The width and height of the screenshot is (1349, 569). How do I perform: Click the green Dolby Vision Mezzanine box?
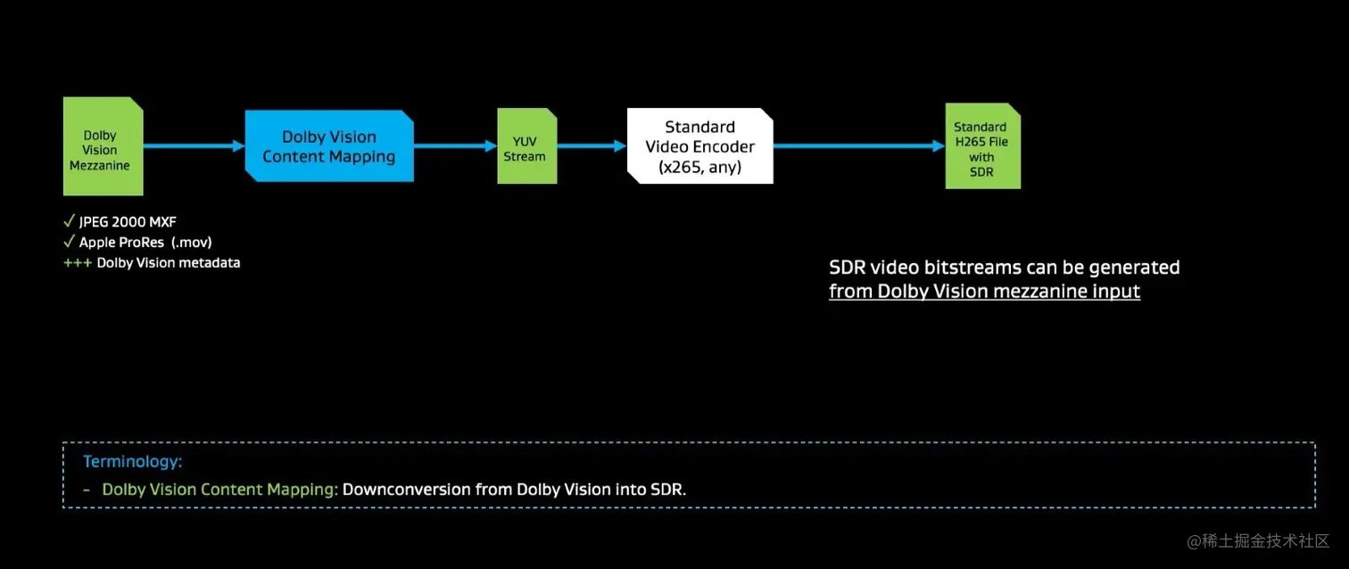[103, 146]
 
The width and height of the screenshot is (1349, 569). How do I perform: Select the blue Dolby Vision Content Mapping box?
[329, 146]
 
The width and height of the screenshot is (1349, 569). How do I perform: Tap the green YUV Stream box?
[526, 146]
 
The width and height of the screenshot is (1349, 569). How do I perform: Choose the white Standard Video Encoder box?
[699, 146]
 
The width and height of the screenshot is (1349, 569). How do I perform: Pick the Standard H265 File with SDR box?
[982, 146]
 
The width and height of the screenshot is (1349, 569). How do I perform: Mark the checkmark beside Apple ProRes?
[69, 242]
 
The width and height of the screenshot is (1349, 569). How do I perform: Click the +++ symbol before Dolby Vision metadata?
[77, 263]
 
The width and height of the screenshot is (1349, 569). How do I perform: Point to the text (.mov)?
[192, 243]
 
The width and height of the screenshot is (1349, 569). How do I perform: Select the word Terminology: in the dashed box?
[132, 462]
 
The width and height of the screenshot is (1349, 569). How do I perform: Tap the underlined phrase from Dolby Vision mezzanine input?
[984, 292]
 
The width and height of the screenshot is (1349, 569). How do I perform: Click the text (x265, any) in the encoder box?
[699, 167]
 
